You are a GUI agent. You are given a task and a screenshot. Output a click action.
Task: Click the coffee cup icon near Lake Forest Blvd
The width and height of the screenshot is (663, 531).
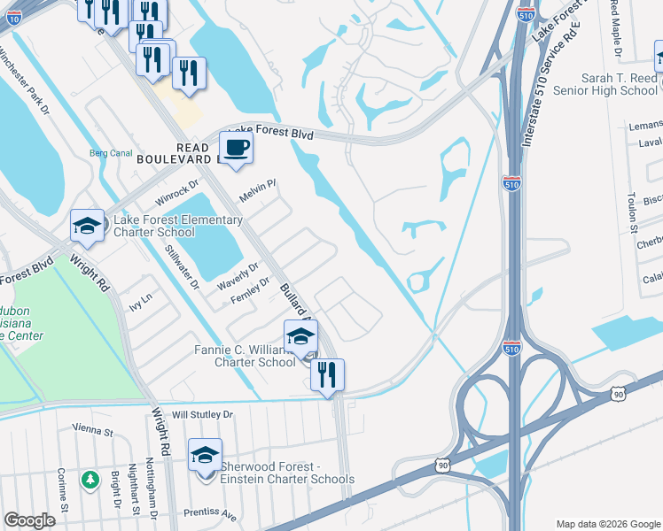(237, 147)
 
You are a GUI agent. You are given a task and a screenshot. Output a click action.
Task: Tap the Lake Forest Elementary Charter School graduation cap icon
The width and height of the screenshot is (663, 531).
(88, 225)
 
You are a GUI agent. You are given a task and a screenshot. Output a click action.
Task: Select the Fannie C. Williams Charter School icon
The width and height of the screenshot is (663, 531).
(301, 335)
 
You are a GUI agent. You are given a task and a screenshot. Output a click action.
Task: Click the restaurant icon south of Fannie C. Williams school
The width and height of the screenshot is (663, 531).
(327, 373)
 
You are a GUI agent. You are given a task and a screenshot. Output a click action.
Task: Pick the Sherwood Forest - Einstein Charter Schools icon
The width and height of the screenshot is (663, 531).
(205, 455)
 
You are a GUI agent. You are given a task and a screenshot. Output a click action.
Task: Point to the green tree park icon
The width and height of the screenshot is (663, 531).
(90, 480)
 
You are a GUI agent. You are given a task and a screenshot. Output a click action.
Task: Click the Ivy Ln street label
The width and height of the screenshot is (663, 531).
(141, 303)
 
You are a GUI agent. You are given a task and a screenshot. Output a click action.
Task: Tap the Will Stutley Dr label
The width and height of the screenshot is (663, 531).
(202, 414)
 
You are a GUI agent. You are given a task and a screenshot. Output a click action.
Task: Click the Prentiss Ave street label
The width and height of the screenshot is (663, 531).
(210, 512)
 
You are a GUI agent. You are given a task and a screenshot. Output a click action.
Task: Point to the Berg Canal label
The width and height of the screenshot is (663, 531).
(111, 152)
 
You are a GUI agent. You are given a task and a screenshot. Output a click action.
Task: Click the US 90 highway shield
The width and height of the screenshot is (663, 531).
(442, 465)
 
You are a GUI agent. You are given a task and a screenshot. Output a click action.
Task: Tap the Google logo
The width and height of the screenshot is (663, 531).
(30, 521)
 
